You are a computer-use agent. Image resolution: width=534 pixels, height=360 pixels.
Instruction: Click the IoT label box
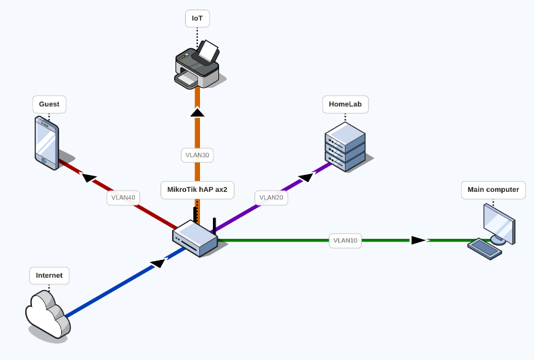click(x=197, y=18)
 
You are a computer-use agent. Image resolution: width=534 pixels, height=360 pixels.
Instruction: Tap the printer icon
click(x=197, y=65)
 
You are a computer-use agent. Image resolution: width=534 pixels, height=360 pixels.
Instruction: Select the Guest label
click(x=49, y=105)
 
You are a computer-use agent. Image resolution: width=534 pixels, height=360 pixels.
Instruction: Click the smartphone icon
click(x=46, y=142)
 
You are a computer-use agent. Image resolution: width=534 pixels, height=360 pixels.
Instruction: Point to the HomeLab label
click(x=345, y=105)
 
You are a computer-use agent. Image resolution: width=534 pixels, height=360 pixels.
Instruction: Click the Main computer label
click(x=493, y=190)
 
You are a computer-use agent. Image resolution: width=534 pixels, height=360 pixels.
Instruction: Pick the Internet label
click(x=49, y=276)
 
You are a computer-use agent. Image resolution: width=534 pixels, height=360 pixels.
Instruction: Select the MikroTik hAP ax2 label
click(x=197, y=190)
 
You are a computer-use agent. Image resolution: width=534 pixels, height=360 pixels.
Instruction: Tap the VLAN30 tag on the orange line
click(x=197, y=155)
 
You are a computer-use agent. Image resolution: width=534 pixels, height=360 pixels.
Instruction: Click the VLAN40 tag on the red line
click(x=124, y=198)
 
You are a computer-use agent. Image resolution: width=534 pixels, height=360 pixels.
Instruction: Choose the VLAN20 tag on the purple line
click(x=271, y=198)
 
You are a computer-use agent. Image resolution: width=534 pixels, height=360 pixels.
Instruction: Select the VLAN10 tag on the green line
click(x=345, y=240)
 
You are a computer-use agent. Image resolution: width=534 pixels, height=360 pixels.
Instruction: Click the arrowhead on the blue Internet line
click(x=157, y=263)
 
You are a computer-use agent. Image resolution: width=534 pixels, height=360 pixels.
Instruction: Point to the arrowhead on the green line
click(x=418, y=240)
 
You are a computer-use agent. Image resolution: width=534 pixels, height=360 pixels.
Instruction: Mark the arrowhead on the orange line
click(x=197, y=112)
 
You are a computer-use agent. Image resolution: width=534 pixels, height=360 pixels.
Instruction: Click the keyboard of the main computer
click(x=485, y=248)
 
